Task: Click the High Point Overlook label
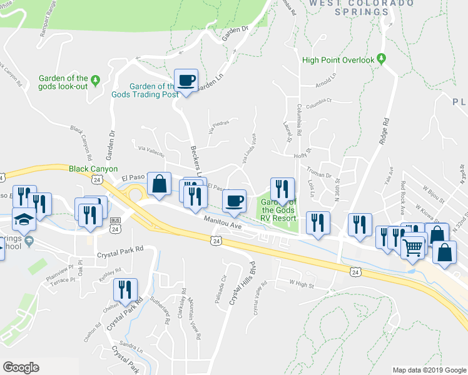coord(337,61)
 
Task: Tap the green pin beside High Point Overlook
coord(380,60)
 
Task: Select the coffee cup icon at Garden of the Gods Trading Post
coord(186,81)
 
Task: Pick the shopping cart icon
coord(412,247)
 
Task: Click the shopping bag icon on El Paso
coord(159,184)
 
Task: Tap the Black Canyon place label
coord(93,169)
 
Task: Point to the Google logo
coord(21,367)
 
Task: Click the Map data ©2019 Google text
coord(429,370)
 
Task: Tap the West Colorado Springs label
coord(362,7)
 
